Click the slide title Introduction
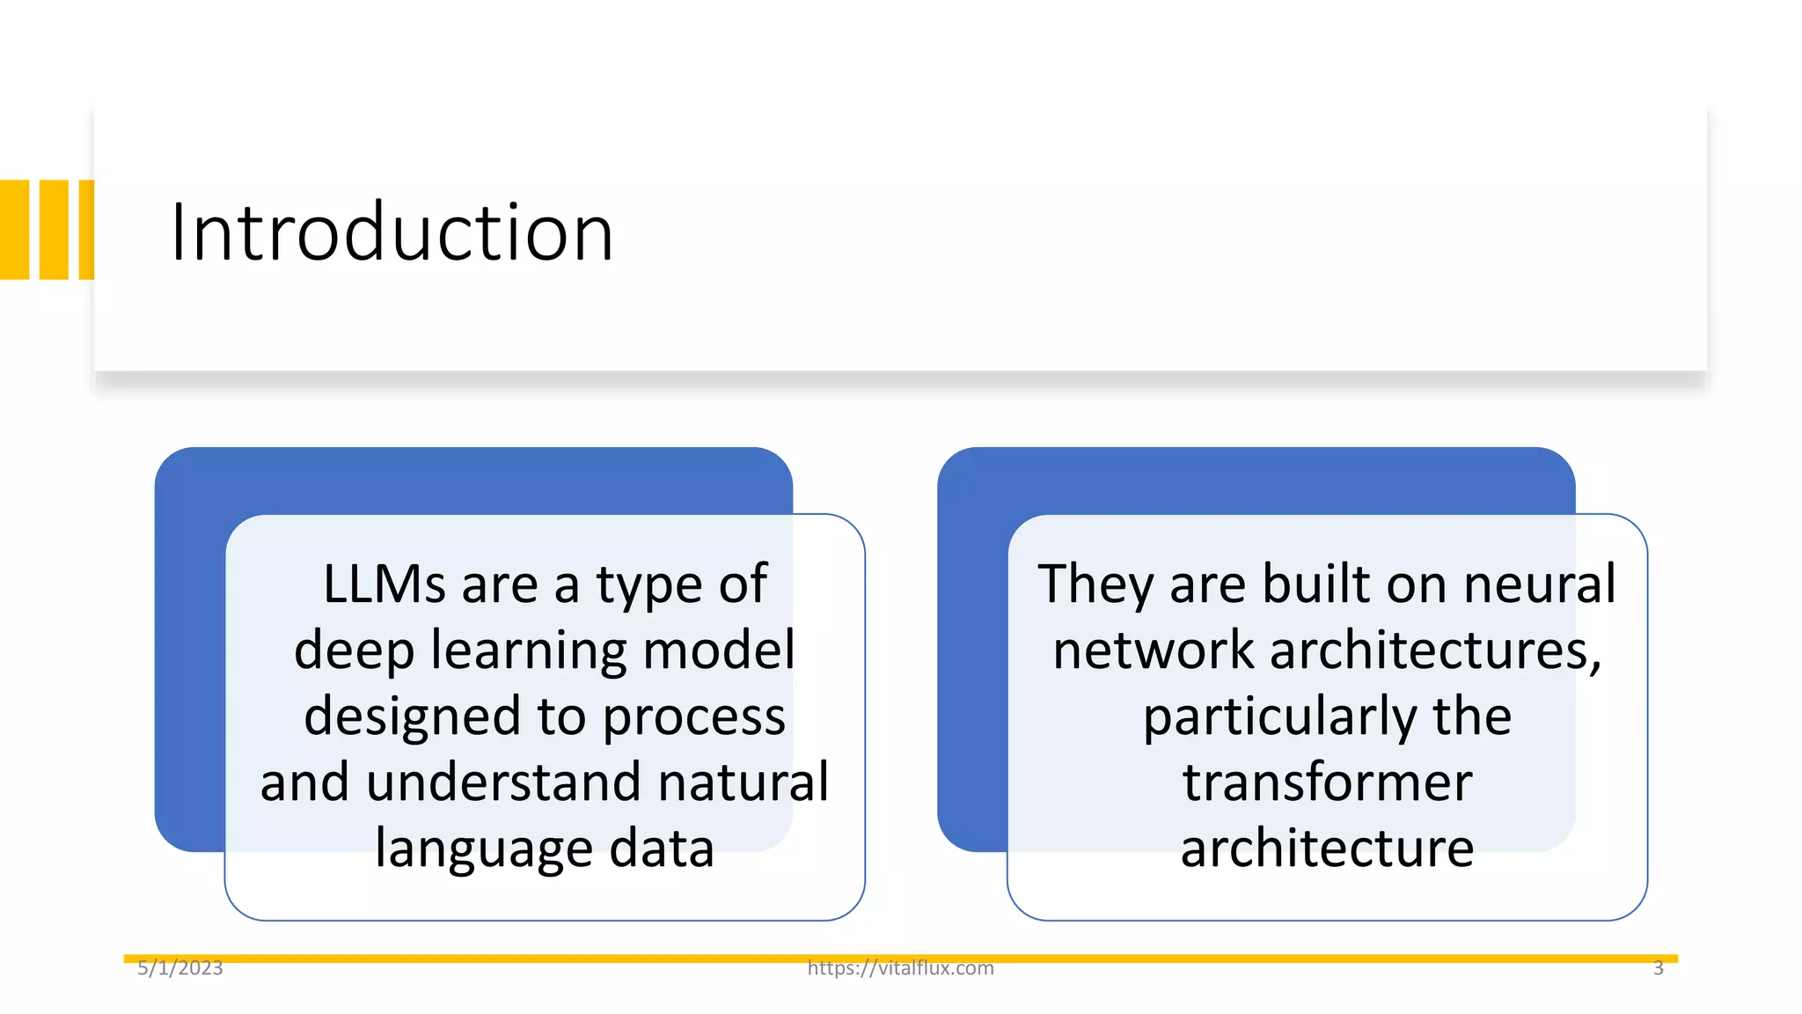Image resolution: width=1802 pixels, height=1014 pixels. [392, 232]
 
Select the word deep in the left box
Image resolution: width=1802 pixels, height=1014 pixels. [354, 651]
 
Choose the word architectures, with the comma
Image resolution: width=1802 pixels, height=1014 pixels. [1436, 651]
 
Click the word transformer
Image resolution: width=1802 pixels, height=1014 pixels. [1327, 782]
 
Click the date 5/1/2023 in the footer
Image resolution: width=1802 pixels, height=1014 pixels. [180, 968]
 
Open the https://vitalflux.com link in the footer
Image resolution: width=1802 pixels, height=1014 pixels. [900, 968]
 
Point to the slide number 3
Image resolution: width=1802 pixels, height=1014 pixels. [1658, 968]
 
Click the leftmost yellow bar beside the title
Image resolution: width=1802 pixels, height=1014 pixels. [15, 230]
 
